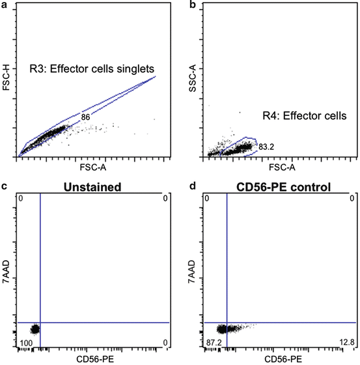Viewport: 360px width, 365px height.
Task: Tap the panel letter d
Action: tap(192, 188)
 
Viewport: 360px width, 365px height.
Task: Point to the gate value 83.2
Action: tap(266, 147)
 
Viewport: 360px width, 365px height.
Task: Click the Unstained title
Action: tap(96, 187)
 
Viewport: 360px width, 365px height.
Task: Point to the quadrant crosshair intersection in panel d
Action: tap(227, 322)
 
